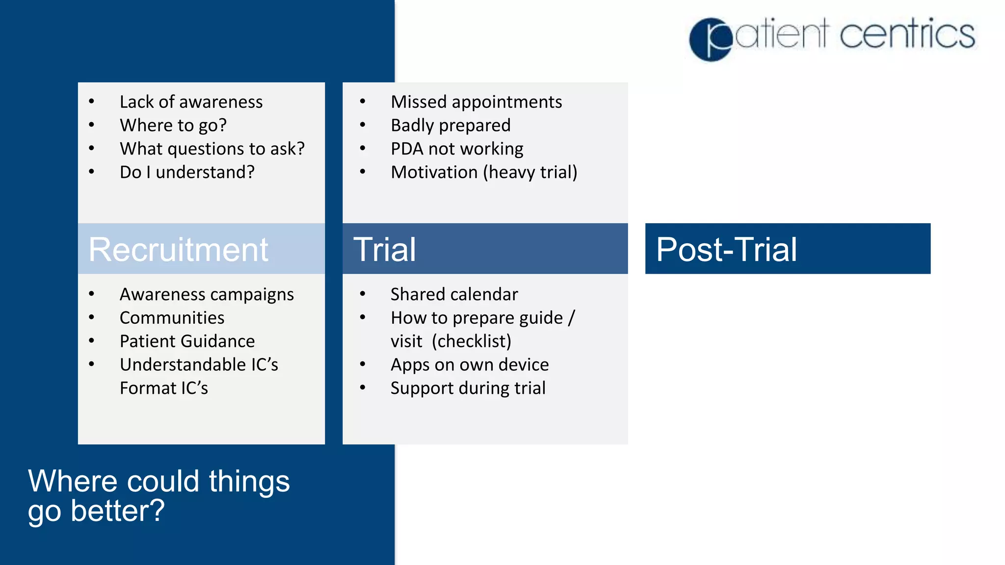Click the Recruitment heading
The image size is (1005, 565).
click(178, 250)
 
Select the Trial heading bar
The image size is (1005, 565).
click(485, 249)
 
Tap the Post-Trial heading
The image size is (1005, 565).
click(726, 250)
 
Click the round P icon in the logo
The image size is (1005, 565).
click(711, 39)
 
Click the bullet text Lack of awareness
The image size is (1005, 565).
click(191, 102)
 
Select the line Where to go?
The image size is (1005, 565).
click(173, 126)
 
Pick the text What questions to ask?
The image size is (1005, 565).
click(212, 149)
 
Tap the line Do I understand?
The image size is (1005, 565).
click(187, 172)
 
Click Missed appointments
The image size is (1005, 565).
click(476, 102)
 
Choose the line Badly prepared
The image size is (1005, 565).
click(450, 126)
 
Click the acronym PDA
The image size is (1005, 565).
click(407, 149)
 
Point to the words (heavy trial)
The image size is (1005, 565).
click(530, 172)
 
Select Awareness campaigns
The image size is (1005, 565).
click(207, 294)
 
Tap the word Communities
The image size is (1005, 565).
click(172, 318)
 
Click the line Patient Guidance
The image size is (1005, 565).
click(187, 341)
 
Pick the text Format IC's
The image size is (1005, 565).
click(164, 388)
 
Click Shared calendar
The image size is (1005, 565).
click(454, 294)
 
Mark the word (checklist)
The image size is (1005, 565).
click(471, 341)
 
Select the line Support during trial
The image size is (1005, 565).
click(468, 388)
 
